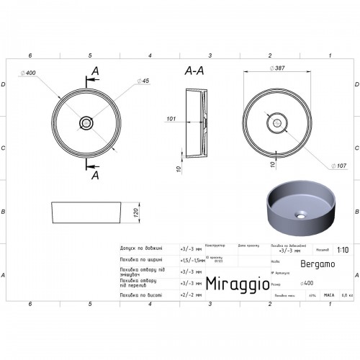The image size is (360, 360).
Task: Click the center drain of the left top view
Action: point(86,122)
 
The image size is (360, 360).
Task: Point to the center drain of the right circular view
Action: point(274,122)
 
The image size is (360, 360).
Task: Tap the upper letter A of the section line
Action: point(95,70)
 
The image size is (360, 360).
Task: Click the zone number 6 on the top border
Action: point(30,55)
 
